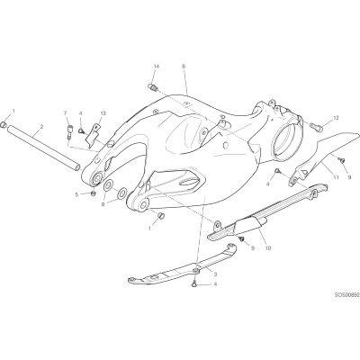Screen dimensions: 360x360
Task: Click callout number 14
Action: (156, 66)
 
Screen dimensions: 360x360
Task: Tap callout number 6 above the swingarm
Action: (184, 66)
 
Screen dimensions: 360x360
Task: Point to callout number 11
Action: (336, 177)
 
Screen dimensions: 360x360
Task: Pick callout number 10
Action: (268, 248)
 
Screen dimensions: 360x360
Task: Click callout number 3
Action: (215, 274)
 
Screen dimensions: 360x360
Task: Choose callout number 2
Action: (41, 127)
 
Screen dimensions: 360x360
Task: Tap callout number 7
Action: (65, 112)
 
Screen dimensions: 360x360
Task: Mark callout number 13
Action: (103, 113)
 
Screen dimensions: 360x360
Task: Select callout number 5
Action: (76, 194)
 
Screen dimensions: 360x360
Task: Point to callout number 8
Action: (103, 204)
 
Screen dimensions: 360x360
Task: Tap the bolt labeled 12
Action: (315, 127)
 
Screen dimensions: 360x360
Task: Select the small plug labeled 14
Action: (153, 87)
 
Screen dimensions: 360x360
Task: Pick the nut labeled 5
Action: (93, 193)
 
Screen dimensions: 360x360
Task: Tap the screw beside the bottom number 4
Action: (195, 283)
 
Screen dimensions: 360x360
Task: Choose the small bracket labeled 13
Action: (93, 136)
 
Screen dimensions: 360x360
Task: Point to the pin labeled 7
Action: (69, 132)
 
